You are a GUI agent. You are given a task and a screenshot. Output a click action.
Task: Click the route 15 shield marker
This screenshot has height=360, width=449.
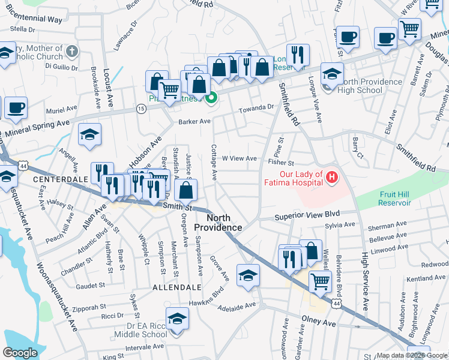(x=140, y=108)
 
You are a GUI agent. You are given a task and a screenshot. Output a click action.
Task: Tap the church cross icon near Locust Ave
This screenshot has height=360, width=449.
(x=72, y=51)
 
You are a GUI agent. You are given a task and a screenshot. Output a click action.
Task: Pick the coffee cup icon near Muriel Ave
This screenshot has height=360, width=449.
(x=16, y=108)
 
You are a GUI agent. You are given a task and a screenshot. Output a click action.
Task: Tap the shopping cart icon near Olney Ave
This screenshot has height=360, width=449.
(x=320, y=280)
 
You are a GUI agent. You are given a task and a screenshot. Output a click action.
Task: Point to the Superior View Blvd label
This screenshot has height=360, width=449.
(x=307, y=214)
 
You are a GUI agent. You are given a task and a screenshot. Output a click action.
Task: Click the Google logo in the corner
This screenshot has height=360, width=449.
(x=20, y=352)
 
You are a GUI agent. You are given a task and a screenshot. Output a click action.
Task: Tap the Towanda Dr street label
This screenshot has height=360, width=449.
(x=256, y=107)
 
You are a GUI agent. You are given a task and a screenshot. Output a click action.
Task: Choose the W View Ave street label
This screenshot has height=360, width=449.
(x=240, y=158)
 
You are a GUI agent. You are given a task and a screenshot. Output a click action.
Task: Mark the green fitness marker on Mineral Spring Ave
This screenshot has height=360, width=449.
(x=211, y=98)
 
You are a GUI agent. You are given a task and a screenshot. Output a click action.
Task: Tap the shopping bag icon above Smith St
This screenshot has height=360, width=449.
(x=187, y=191)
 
